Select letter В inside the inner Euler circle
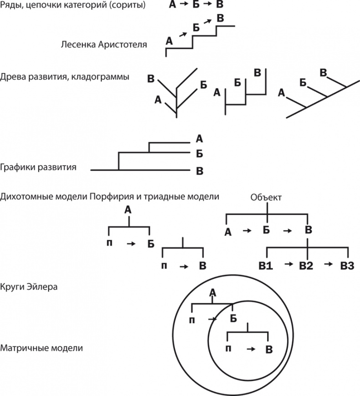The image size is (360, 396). point(269,350)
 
